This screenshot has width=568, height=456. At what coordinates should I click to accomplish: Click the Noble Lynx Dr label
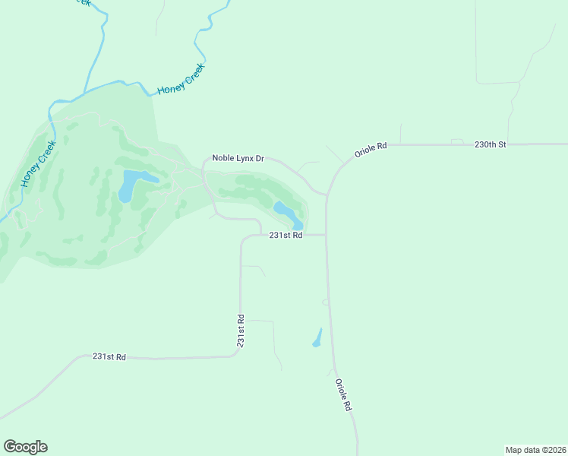238,158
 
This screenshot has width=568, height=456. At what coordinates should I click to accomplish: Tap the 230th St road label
490,144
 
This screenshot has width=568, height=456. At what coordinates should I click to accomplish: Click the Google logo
25,447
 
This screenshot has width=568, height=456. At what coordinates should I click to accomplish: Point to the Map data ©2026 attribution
535,450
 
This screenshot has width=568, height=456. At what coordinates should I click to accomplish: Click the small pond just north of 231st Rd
288,214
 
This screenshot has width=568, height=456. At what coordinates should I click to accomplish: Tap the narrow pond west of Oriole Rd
317,338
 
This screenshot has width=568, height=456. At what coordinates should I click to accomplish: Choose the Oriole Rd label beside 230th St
371,150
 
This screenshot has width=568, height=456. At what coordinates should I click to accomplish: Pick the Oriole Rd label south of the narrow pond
343,395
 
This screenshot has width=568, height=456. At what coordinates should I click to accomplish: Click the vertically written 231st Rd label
241,331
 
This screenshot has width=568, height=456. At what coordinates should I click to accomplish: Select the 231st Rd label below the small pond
286,236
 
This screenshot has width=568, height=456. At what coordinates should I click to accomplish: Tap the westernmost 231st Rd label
109,356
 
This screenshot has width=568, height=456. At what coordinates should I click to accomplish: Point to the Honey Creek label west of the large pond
34,167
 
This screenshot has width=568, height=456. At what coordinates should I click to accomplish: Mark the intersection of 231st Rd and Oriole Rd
327,235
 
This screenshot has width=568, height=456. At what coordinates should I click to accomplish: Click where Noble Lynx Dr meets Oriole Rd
327,195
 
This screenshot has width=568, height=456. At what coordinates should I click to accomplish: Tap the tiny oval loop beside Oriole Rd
326,302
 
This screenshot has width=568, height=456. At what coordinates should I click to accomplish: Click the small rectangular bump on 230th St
456,141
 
